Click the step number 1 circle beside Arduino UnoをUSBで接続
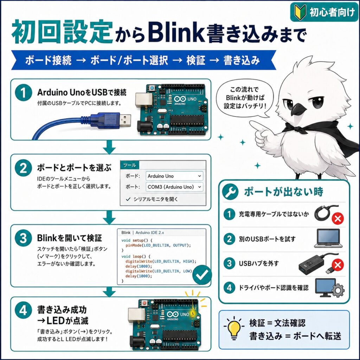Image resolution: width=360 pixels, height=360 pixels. coord(23,92)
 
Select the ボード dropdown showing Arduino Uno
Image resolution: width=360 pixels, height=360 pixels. coord(174,176)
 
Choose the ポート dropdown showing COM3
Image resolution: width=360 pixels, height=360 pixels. coord(174,187)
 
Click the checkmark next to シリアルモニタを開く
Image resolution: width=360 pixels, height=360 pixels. coord(128,199)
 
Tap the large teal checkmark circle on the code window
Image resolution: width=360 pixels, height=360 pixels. coord(202,274)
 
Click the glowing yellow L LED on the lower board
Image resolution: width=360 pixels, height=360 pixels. coord(193,313)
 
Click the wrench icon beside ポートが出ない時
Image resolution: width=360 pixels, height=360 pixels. coord(230,192)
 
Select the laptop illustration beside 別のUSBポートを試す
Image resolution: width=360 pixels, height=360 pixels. coord(328,238)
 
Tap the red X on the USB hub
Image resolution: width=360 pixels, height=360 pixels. coord(337,265)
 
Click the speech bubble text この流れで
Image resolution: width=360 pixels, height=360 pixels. coord(244,90)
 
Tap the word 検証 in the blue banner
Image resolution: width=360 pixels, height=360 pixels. coord(195,60)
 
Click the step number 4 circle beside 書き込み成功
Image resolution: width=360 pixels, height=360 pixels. coord(23,311)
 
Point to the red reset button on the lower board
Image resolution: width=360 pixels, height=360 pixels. coord(144,303)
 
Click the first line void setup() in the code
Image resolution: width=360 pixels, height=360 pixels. coord(137,240)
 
